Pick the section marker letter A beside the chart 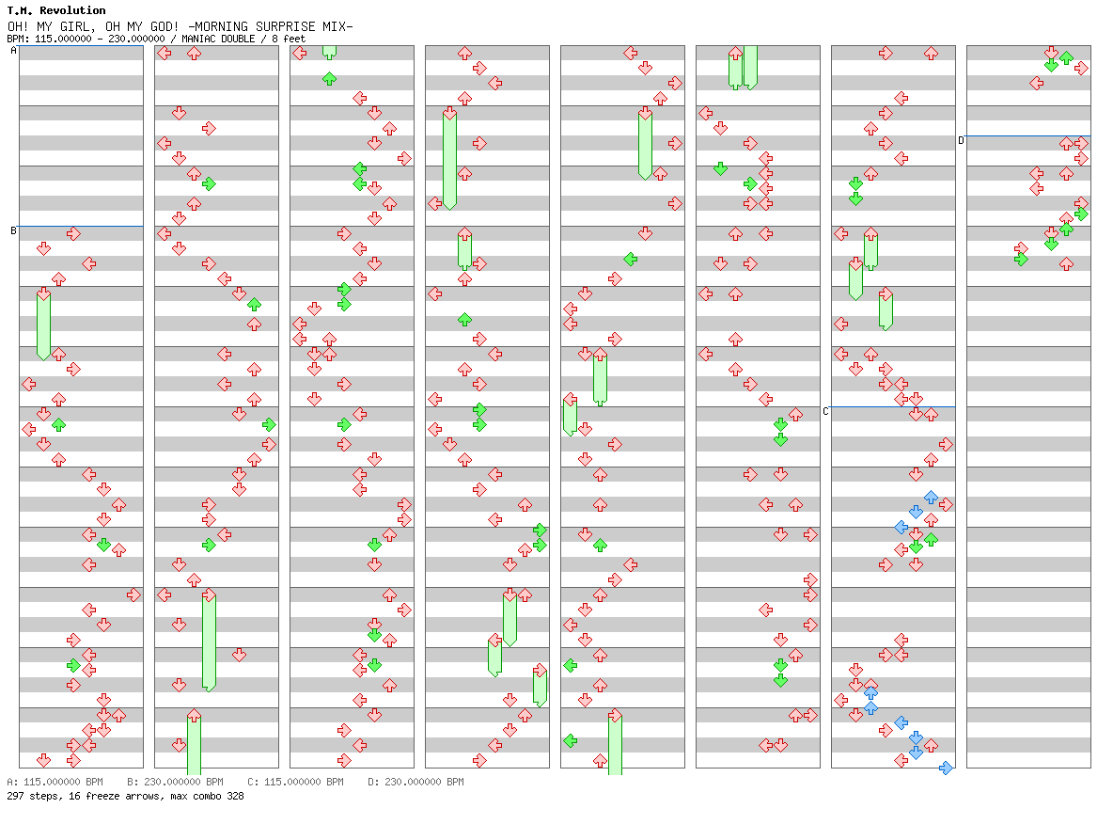click(x=13, y=51)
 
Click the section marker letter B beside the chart click(x=13, y=230)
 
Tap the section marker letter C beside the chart click(x=825, y=411)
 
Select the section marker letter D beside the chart click(x=961, y=140)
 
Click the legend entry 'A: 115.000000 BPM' click(x=55, y=782)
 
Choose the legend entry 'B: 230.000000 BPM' click(x=175, y=782)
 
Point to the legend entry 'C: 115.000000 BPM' click(x=295, y=782)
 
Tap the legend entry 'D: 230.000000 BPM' click(x=415, y=782)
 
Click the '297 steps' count click(x=30, y=796)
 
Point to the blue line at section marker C click(x=893, y=406)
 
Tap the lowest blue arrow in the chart click(x=946, y=768)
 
